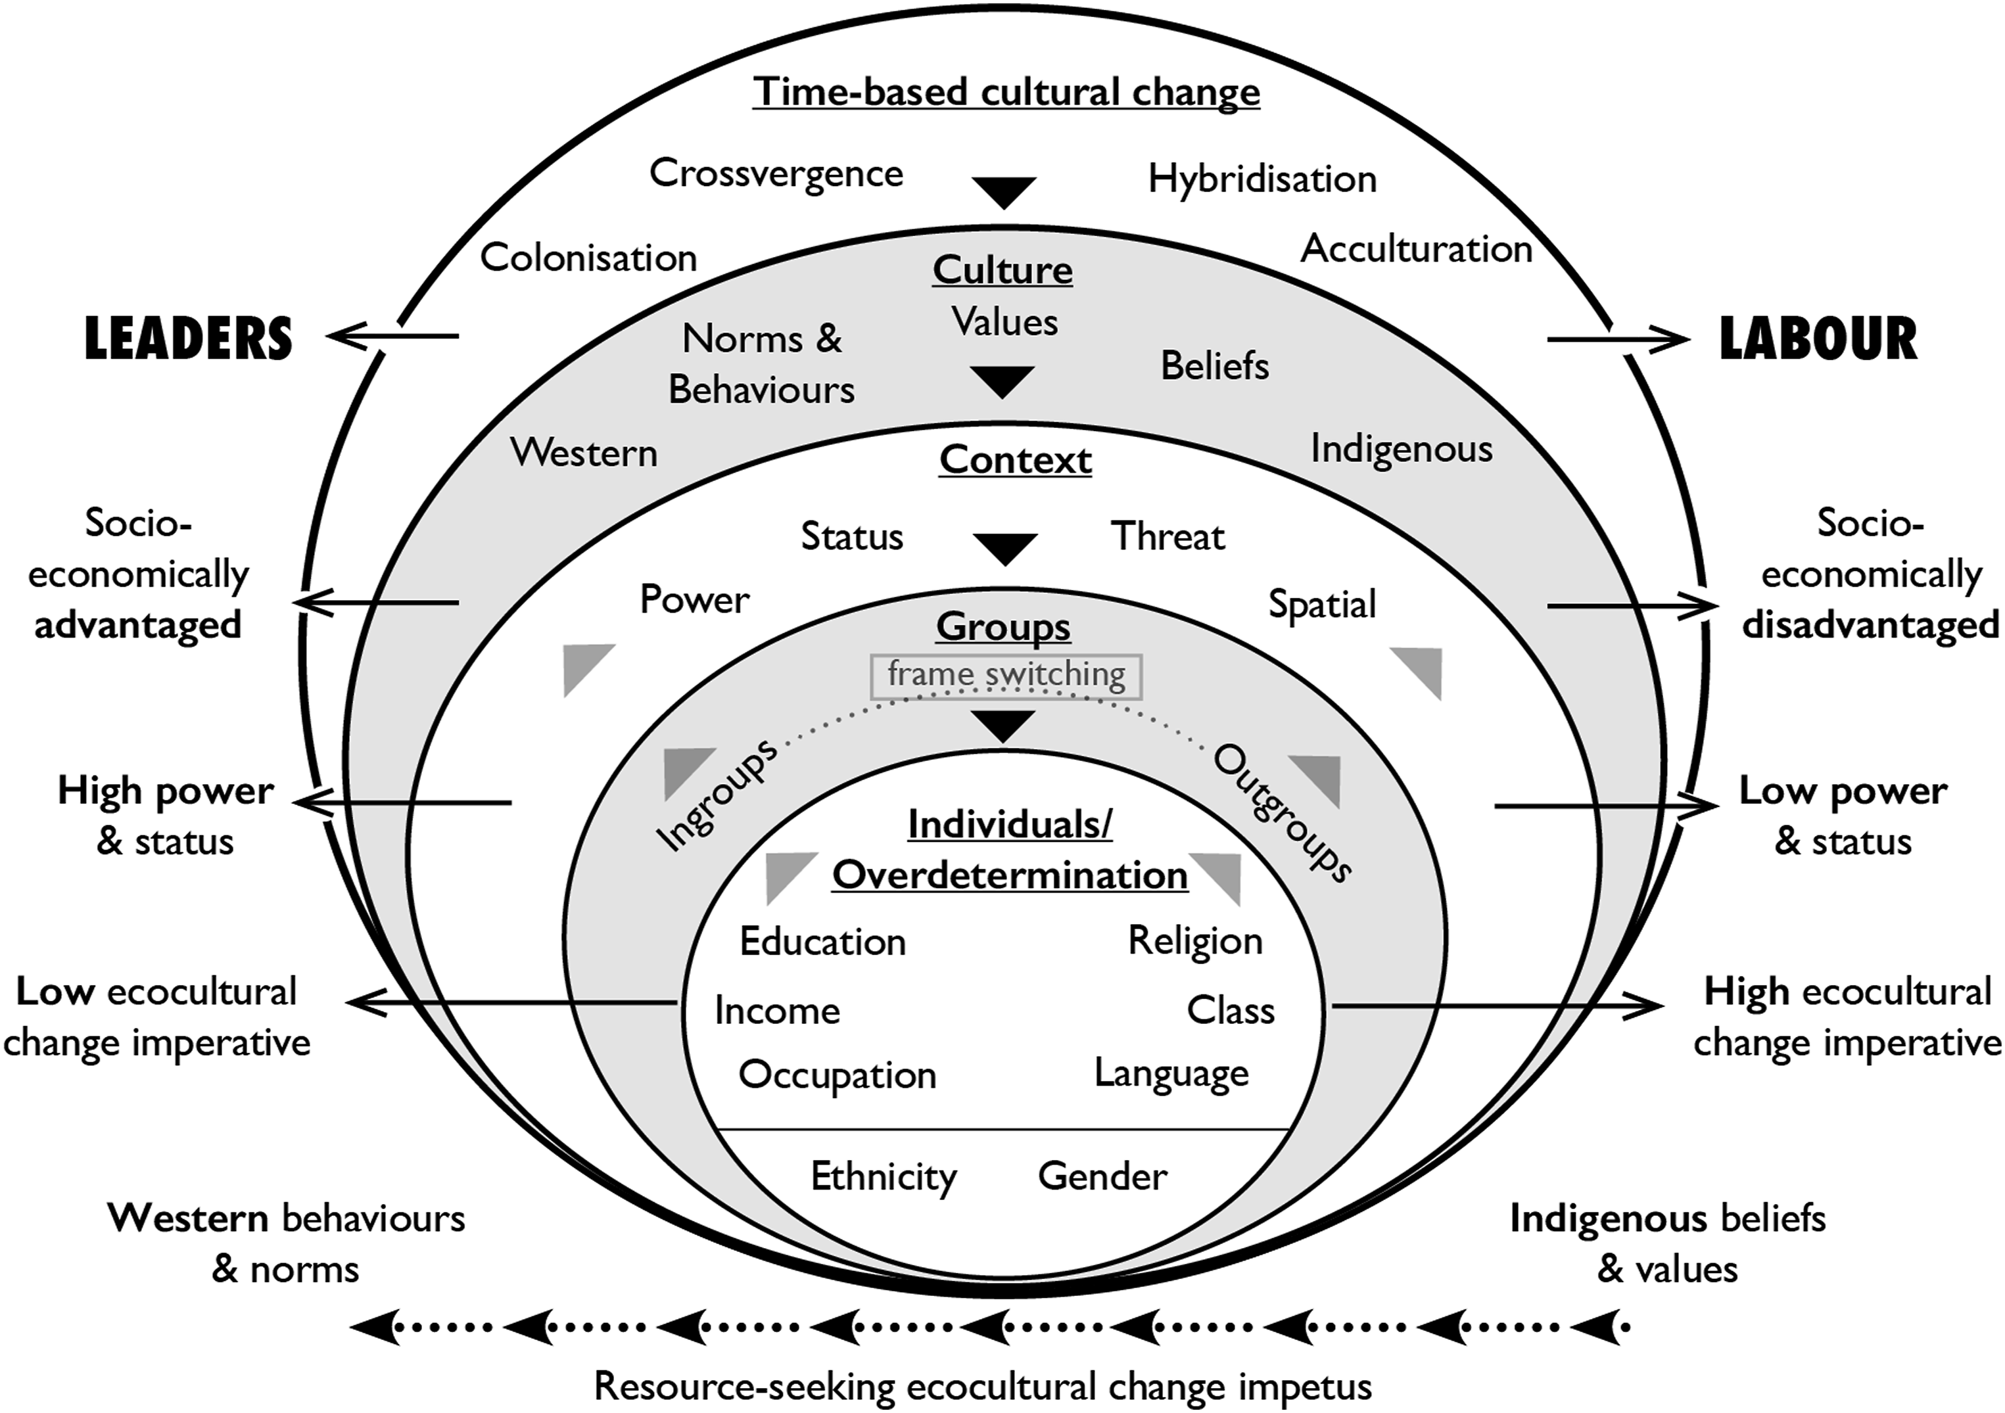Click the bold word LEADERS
188,339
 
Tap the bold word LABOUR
1818,339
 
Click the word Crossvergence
776,173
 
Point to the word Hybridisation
1262,179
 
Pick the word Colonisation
588,258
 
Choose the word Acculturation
1417,249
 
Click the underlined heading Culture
1003,270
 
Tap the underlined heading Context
1015,460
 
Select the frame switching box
1006,677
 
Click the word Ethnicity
884,1177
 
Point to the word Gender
1102,1176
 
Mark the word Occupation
837,1076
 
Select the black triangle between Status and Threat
1005,548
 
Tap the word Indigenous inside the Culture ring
1401,450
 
